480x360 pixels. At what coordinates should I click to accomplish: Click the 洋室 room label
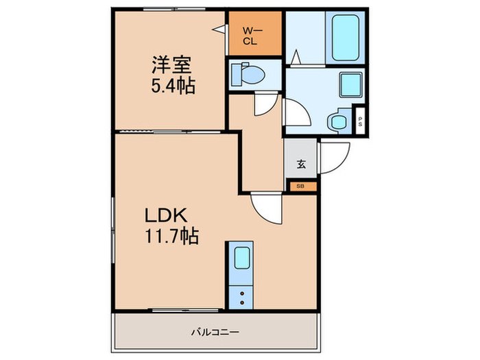point(172,66)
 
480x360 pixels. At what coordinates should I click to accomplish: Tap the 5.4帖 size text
point(172,86)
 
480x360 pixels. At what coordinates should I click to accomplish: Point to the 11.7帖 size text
point(171,237)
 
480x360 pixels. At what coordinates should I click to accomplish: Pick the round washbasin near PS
point(337,122)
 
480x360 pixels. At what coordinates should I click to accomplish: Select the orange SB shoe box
point(301,185)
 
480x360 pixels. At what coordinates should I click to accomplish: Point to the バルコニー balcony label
point(215,332)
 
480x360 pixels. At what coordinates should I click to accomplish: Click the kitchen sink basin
point(242,259)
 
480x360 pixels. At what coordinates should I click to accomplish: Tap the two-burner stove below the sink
point(242,295)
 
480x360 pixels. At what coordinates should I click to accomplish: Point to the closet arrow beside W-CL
point(219,29)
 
